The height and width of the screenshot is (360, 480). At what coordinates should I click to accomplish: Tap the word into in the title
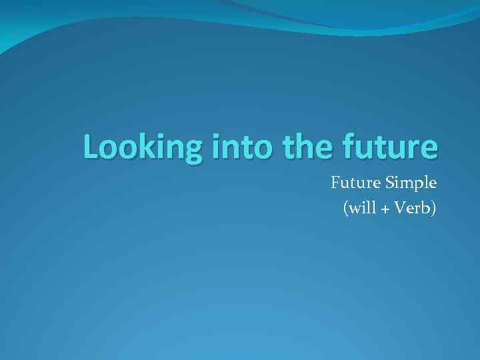pyautogui.click(x=241, y=147)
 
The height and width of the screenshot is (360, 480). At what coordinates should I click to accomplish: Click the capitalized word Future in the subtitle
pyautogui.click(x=353, y=182)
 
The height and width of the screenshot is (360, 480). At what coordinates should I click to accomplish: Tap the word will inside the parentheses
pyautogui.click(x=361, y=208)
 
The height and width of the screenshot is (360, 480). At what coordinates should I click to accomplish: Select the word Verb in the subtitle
pyautogui.click(x=413, y=208)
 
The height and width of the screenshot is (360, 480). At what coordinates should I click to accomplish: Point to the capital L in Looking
pyautogui.click(x=91, y=147)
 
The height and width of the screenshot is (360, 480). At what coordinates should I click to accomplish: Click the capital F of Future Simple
pyautogui.click(x=335, y=182)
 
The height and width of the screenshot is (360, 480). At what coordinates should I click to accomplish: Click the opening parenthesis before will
pyautogui.click(x=345, y=209)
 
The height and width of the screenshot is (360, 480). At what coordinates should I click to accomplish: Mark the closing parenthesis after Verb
pyautogui.click(x=434, y=209)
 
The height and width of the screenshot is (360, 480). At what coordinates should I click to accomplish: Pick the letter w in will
pyautogui.click(x=354, y=209)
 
